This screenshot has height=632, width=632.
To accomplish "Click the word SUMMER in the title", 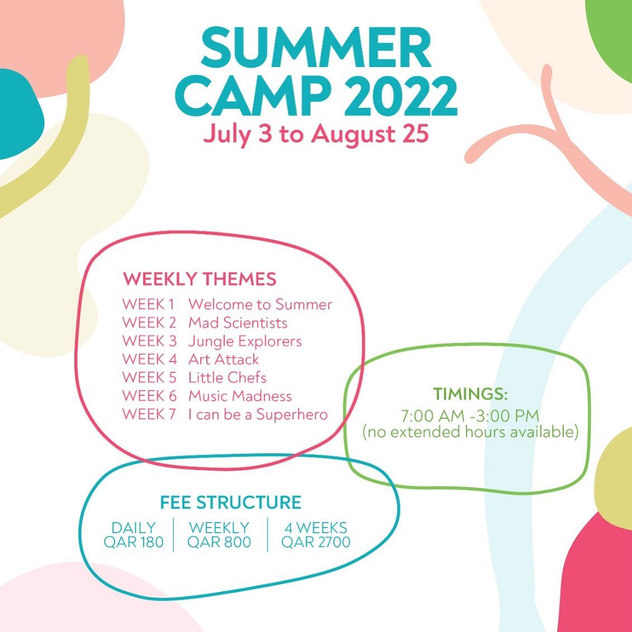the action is pyautogui.click(x=316, y=48).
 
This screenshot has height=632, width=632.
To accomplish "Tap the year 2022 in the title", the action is pyautogui.click(x=401, y=96).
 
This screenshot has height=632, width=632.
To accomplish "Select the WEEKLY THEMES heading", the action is pyautogui.click(x=199, y=279).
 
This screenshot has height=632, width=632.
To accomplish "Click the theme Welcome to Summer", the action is pyautogui.click(x=260, y=305).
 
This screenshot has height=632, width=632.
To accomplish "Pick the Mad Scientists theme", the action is pyautogui.click(x=238, y=322).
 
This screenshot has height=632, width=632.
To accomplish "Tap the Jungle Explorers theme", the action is pyautogui.click(x=245, y=341).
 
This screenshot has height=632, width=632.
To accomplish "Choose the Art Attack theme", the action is pyautogui.click(x=224, y=359).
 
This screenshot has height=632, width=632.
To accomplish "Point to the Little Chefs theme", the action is pyautogui.click(x=227, y=378).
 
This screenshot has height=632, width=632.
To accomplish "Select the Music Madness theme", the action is pyautogui.click(x=240, y=396).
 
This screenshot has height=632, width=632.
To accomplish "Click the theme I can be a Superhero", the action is pyautogui.click(x=258, y=414).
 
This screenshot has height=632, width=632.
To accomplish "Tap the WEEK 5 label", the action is pyautogui.click(x=150, y=378).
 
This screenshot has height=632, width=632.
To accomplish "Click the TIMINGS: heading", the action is pyautogui.click(x=471, y=394).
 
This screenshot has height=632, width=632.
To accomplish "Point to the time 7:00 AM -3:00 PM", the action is pyautogui.click(x=470, y=416).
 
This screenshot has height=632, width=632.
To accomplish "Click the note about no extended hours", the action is pyautogui.click(x=471, y=432).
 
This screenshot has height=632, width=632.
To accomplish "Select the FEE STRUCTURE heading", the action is pyautogui.click(x=231, y=502).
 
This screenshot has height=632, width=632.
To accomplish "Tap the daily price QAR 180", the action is pyautogui.click(x=134, y=542).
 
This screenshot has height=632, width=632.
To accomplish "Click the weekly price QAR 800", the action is pyautogui.click(x=219, y=542).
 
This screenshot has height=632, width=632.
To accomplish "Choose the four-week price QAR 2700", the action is pyautogui.click(x=316, y=542).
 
